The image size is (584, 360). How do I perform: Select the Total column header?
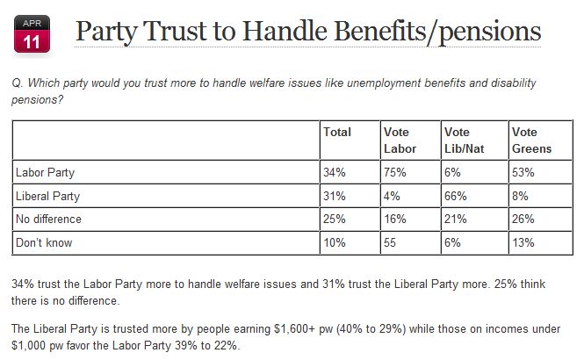click(337, 133)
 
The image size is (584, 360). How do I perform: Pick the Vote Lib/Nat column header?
click(463, 140)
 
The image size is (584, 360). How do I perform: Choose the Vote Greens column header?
click(531, 140)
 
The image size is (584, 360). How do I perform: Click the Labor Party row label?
click(46, 173)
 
